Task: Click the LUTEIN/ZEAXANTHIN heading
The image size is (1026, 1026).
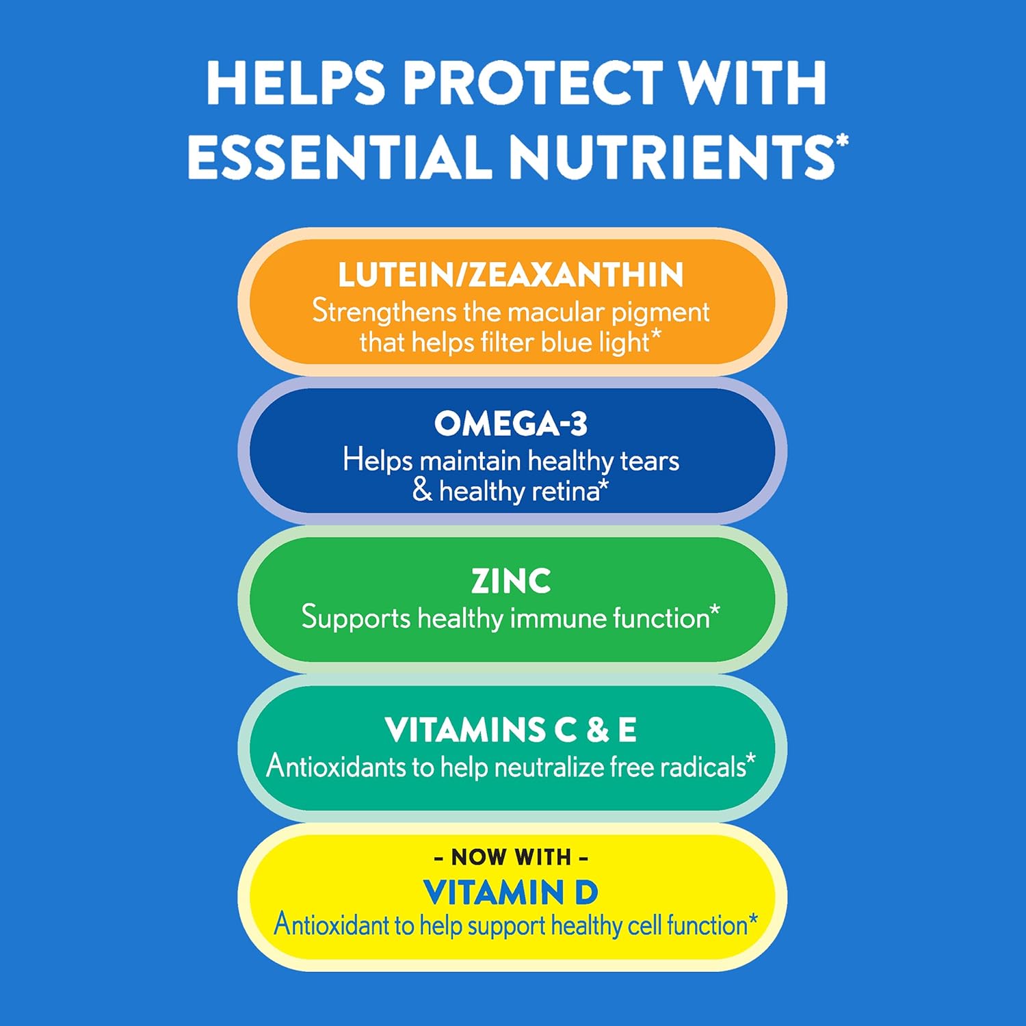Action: (511, 275)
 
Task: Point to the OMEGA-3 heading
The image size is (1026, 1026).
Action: (511, 424)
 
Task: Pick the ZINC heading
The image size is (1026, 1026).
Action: (511, 581)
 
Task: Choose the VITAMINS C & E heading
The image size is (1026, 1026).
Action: (511, 730)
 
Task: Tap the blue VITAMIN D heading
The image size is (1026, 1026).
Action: (511, 893)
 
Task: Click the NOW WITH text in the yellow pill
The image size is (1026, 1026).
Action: (511, 856)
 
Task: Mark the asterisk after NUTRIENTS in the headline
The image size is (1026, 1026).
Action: (842, 141)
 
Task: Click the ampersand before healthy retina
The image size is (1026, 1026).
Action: (422, 490)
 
